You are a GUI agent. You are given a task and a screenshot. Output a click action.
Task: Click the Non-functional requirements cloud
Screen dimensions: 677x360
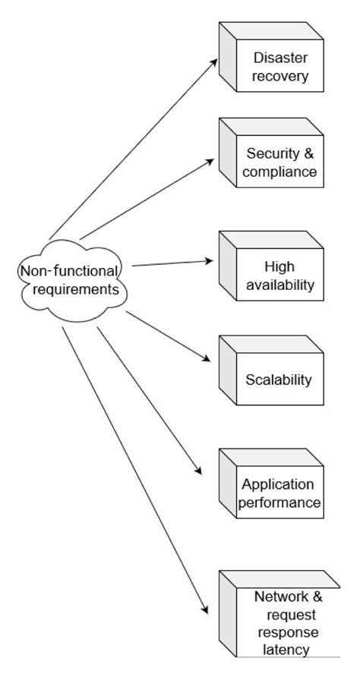click(70, 280)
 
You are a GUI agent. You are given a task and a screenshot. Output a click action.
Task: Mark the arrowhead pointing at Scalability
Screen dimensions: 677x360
click(210, 359)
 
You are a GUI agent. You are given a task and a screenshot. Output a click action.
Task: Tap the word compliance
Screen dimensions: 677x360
click(281, 172)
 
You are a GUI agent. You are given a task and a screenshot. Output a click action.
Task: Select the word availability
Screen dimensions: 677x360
click(279, 285)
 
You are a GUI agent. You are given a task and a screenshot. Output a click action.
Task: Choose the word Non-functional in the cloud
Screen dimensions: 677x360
click(69, 271)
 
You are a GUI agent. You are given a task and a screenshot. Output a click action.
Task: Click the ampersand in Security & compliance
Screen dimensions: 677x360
click(308, 153)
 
